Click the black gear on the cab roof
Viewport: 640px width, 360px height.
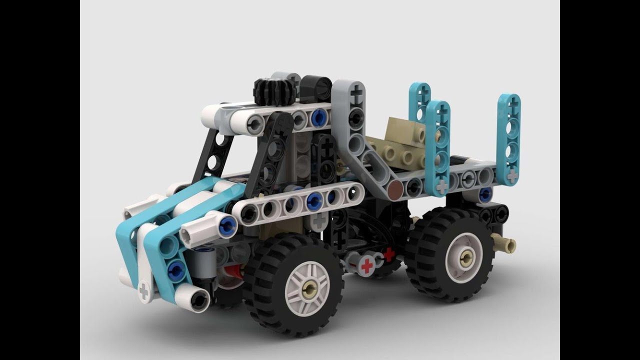click(271, 91)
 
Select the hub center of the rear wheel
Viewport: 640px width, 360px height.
click(466, 257)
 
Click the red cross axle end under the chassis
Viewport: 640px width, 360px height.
click(367, 265)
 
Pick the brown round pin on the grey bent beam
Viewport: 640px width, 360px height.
click(395, 190)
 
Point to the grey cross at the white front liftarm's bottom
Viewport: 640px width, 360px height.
click(144, 290)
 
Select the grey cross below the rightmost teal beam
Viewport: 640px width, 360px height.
click(512, 175)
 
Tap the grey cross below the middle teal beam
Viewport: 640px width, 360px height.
click(442, 185)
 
